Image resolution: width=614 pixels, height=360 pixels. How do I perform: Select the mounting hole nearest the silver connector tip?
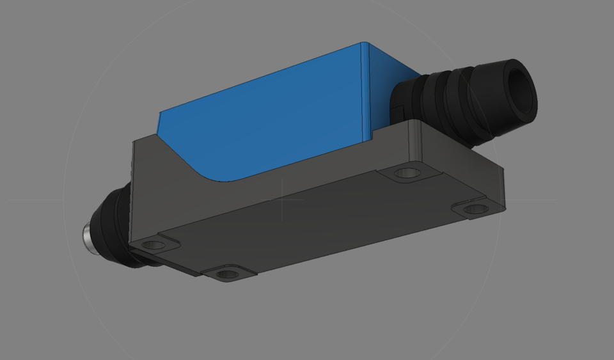[x=152, y=244]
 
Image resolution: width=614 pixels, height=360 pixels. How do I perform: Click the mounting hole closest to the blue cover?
[x=404, y=173]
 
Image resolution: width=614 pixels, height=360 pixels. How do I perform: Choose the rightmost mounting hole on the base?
[x=474, y=208]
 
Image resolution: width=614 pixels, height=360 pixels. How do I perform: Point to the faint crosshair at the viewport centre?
[x=283, y=200]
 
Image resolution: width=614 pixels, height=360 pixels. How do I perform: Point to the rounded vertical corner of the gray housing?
[x=415, y=141]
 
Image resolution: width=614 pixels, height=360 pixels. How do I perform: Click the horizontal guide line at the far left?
[x=32, y=200]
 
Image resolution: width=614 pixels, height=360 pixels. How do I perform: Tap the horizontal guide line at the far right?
[x=531, y=200]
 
